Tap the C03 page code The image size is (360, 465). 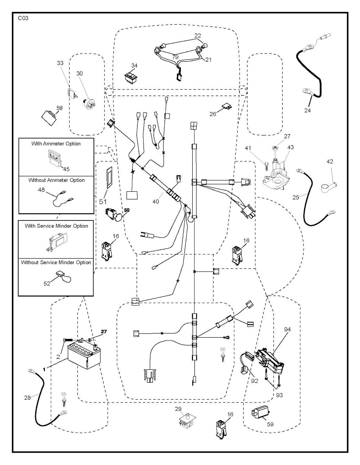pyautogui.click(x=23, y=18)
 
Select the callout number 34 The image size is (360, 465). pyautogui.click(x=134, y=66)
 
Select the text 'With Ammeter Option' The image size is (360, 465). pyautogui.click(x=56, y=144)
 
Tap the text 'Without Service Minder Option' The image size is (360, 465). pyautogui.click(x=56, y=262)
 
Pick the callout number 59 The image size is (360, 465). pyautogui.click(x=270, y=424)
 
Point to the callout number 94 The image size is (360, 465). pyautogui.click(x=287, y=330)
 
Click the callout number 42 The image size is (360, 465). pyautogui.click(x=329, y=162)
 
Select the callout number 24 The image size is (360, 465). pyautogui.click(x=308, y=110)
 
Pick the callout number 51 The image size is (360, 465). pyautogui.click(x=103, y=202)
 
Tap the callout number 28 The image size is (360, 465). pyautogui.click(x=27, y=397)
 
